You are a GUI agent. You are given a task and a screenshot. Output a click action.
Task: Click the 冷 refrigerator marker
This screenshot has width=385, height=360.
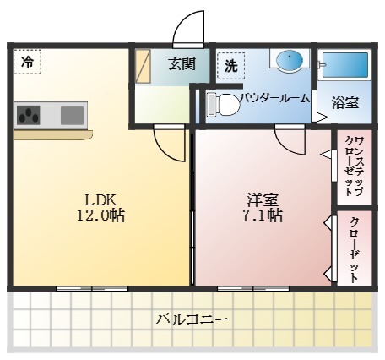[x=27, y=62]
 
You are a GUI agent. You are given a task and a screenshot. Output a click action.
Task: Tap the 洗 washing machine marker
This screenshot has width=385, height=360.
[x=230, y=64]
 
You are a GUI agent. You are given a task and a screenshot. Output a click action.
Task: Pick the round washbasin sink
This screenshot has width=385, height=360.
[x=290, y=61]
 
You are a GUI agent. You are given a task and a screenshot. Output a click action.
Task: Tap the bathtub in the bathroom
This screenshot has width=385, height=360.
[x=345, y=65]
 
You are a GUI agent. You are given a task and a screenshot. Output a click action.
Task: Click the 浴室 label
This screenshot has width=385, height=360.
[x=344, y=102]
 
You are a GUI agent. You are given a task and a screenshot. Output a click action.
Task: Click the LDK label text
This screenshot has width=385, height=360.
[x=100, y=199]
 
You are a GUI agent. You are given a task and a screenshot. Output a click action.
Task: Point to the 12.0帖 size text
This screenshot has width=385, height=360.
[x=100, y=216]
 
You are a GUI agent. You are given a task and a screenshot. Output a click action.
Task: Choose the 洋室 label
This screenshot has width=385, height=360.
[x=263, y=199]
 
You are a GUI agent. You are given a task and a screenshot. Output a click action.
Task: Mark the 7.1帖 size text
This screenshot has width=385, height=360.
[x=263, y=216]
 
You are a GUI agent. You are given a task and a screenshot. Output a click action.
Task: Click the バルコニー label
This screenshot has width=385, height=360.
[x=192, y=319]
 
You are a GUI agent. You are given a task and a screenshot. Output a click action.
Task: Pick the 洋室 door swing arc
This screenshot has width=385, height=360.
[x=289, y=140]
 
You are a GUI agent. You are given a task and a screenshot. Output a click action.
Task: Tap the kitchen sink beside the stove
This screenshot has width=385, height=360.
[x=72, y=113]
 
